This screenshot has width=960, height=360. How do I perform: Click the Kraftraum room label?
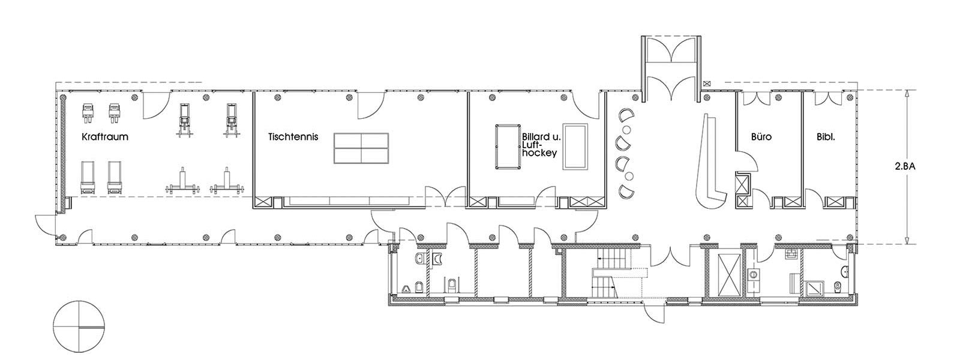(x=105, y=137)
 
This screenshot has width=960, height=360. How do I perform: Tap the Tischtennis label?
(x=293, y=137)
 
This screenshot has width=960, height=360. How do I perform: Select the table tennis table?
(x=361, y=148)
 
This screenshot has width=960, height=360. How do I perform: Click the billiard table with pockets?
(x=508, y=147)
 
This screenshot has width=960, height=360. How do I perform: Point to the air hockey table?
(x=575, y=147)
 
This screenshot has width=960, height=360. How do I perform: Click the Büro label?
(x=761, y=137)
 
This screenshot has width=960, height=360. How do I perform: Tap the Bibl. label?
(x=826, y=137)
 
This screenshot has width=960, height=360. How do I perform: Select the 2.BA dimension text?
(x=905, y=167)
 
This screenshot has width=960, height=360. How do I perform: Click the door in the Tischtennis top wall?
(x=371, y=105)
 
